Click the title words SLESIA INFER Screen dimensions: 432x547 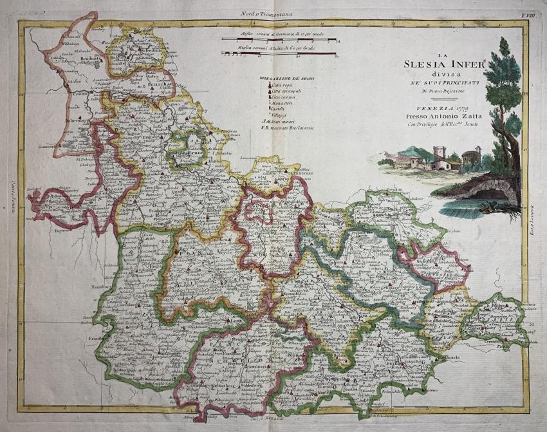point(438,64)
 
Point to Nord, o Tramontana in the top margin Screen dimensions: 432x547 point(275,12)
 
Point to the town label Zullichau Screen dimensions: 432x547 point(159,84)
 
